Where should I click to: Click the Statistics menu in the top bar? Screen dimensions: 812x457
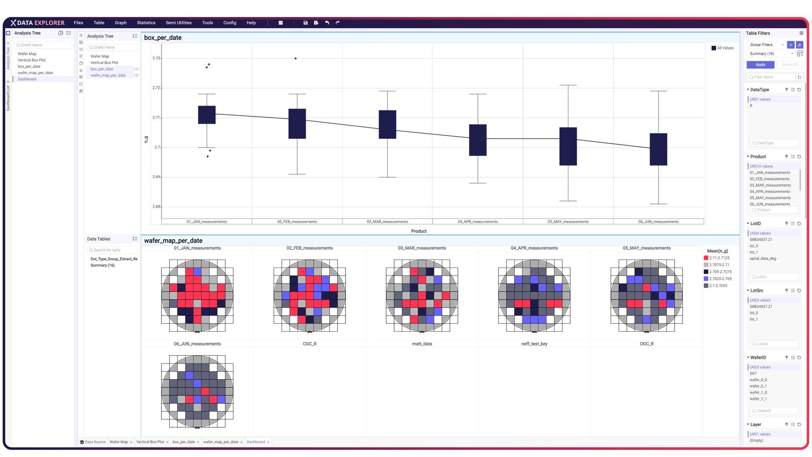point(146,23)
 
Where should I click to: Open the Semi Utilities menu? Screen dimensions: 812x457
point(178,23)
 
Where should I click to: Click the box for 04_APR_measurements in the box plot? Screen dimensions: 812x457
point(478,140)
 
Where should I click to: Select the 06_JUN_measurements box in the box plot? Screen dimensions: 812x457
point(658,149)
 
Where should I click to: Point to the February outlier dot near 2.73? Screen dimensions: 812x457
point(296,58)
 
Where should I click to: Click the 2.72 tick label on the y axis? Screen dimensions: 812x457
point(156,88)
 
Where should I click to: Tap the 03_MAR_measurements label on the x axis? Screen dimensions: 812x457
point(387,222)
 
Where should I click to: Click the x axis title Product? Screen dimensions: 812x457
point(419,231)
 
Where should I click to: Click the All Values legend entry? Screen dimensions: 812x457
point(723,48)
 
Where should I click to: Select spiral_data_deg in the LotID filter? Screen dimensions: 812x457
point(763,259)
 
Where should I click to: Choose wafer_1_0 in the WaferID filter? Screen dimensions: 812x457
point(758,393)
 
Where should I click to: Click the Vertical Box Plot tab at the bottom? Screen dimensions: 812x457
point(150,442)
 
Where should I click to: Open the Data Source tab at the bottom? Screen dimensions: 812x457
point(93,442)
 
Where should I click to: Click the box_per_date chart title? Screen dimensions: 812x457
point(163,38)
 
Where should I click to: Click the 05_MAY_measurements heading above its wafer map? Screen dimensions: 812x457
point(647,248)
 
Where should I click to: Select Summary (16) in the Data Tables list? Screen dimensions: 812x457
point(102,265)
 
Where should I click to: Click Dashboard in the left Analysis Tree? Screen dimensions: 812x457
point(27,79)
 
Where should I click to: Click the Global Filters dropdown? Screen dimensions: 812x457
point(766,45)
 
